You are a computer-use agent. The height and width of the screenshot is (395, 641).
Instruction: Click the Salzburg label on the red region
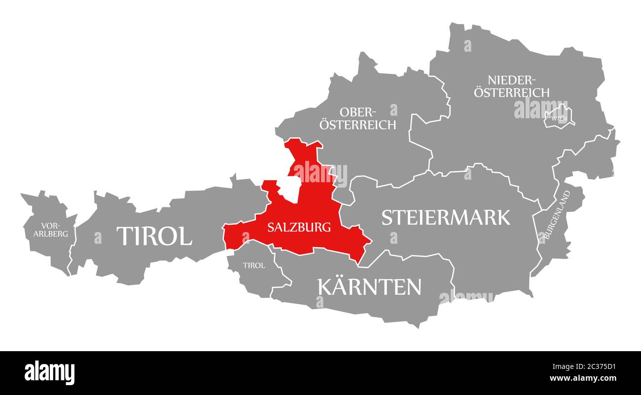coord(299,228)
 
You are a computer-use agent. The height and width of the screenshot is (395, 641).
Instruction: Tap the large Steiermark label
coord(446,217)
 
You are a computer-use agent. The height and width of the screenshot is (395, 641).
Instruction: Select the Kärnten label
coord(370,287)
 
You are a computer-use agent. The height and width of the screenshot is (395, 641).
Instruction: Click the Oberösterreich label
coord(357,119)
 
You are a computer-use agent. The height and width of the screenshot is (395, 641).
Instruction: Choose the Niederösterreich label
coord(512,86)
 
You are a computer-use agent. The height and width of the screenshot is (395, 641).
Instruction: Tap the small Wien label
coord(559,118)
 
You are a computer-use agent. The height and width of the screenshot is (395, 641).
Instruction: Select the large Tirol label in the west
coord(154,236)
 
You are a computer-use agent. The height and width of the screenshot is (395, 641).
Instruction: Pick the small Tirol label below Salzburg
coord(254,265)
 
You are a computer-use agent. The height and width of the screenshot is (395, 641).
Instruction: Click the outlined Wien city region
coord(560,116)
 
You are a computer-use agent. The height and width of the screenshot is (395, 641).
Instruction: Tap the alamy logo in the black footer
coord(49,373)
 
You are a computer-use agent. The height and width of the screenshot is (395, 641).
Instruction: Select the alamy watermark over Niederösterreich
coord(540,109)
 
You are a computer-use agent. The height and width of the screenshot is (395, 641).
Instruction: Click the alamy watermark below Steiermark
coord(466,296)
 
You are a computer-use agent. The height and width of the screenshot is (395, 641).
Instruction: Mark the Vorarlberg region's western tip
coord(21,195)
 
